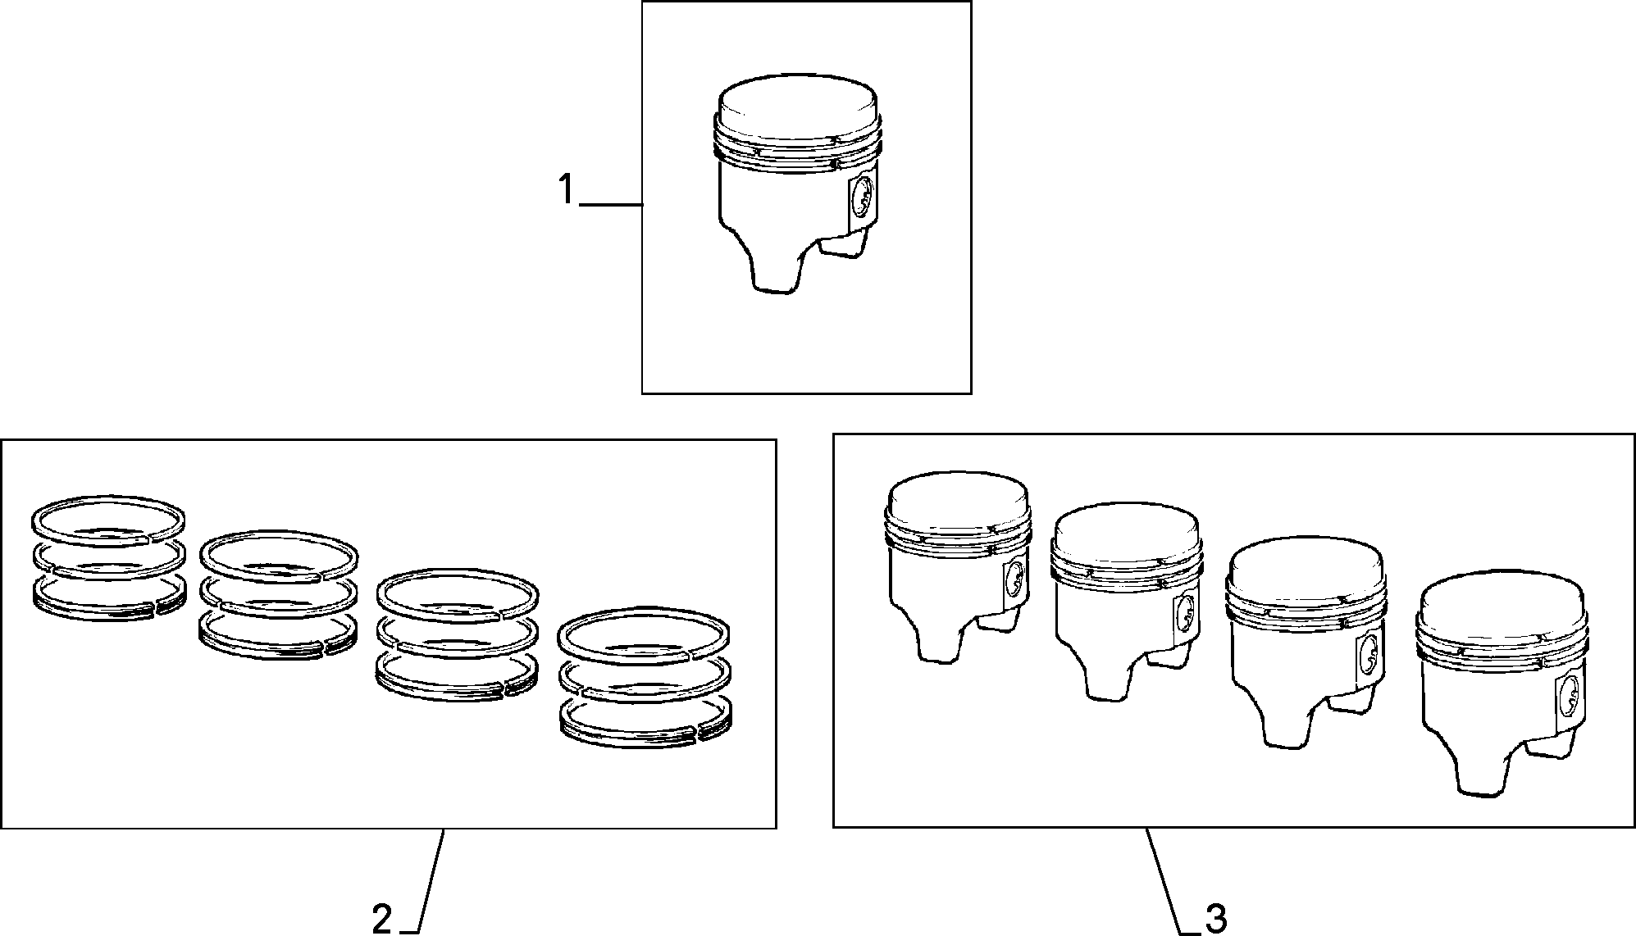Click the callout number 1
566,190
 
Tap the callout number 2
382,920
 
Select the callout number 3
1216,920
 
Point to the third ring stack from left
457,636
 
